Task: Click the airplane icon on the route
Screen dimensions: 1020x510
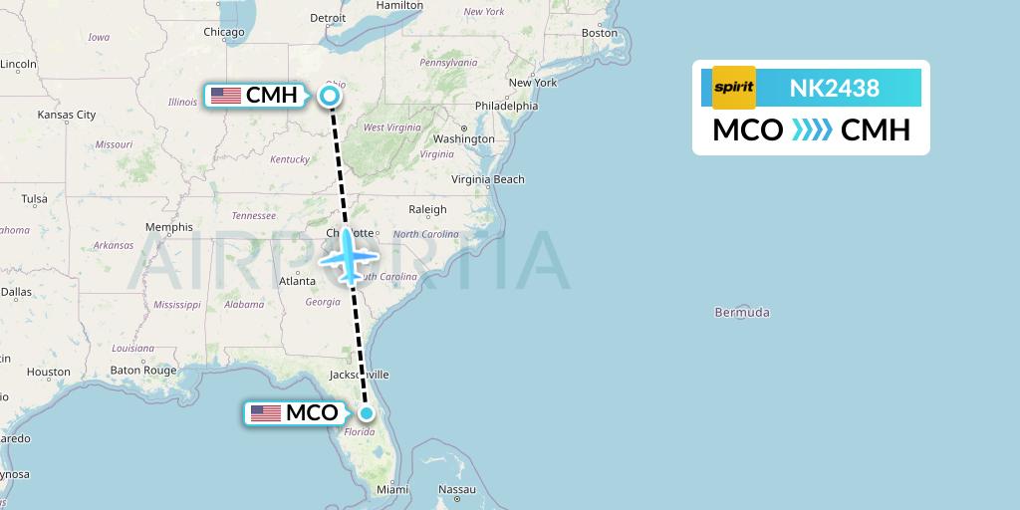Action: (x=347, y=255)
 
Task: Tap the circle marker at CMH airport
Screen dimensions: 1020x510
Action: (x=330, y=96)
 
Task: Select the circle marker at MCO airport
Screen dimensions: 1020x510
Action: (x=367, y=413)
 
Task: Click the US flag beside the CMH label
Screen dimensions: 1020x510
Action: (x=226, y=96)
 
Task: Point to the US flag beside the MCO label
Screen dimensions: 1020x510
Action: (x=265, y=413)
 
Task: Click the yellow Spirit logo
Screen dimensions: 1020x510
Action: (x=734, y=88)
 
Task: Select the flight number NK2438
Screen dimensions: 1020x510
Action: (x=834, y=88)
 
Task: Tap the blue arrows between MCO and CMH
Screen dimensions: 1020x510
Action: (x=811, y=130)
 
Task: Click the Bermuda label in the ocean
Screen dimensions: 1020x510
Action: (x=742, y=312)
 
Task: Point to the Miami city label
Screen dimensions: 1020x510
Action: (x=392, y=489)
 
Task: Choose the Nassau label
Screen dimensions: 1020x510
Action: (x=457, y=489)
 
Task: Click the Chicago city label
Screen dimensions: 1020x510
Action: (x=224, y=32)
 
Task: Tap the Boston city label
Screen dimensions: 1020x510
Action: (x=600, y=33)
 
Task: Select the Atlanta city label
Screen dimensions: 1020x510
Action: (x=297, y=280)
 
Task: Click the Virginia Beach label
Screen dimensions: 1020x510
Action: (x=488, y=179)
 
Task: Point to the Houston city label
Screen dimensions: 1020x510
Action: (x=49, y=372)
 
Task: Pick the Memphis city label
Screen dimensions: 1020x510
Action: (x=168, y=226)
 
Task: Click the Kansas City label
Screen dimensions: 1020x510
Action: (x=66, y=115)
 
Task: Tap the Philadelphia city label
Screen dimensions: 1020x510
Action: (x=506, y=106)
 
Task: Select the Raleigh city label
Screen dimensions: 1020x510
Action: (x=427, y=209)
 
